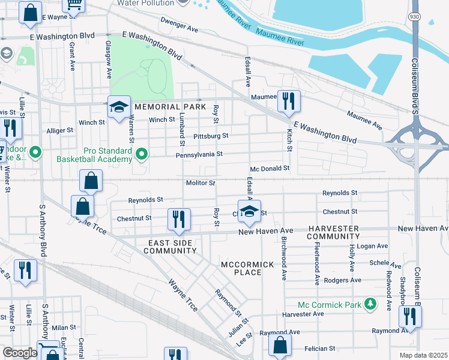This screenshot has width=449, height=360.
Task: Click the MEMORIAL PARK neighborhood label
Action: tap(162, 106)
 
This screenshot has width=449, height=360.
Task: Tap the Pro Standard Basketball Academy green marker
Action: tap(142, 155)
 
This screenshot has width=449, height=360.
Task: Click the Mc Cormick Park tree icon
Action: tap(371, 304)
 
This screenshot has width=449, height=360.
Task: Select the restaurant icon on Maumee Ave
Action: tap(289, 101)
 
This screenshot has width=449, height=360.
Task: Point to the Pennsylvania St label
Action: tap(199, 154)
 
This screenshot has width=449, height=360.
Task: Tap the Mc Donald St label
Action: tap(270, 169)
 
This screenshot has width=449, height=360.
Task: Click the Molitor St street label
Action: tap(200, 182)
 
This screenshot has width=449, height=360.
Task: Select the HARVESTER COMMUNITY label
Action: tap(333, 233)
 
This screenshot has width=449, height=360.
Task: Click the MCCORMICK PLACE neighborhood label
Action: tap(247, 268)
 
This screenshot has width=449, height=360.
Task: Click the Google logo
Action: tap(20, 353)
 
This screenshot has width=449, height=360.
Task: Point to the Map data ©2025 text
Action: tap(424, 355)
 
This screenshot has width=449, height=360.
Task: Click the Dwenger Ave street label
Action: tap(179, 25)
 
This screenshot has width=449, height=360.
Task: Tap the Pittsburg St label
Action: tap(211, 136)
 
